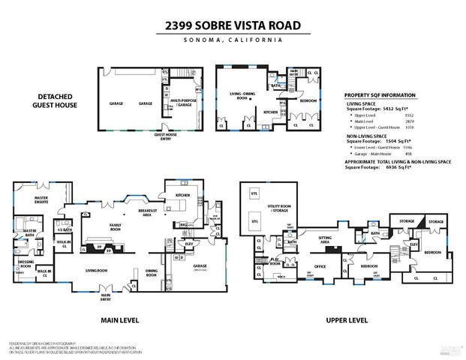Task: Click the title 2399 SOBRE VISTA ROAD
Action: pos(233,25)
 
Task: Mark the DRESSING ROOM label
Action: pos(25,265)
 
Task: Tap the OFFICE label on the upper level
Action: pos(320,266)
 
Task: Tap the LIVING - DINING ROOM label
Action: pos(242,96)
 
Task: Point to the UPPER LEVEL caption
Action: pos(346,319)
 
